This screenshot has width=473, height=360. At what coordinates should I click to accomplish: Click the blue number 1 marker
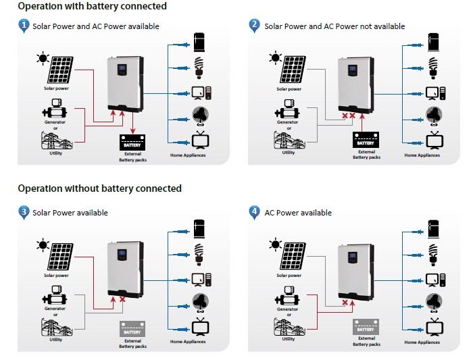(24, 25)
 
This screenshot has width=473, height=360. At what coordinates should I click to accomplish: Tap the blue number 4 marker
(254, 211)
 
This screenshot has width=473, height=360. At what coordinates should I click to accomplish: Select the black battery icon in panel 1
(132, 143)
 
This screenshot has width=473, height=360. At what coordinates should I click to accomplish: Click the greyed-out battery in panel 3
(132, 329)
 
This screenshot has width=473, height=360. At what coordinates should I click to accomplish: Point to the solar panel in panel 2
(293, 70)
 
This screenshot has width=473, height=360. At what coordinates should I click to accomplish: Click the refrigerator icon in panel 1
(199, 42)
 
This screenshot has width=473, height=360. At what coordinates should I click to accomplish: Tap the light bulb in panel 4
(433, 255)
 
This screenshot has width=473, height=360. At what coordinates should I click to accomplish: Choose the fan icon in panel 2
(434, 116)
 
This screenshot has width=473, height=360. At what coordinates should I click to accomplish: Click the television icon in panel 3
(200, 326)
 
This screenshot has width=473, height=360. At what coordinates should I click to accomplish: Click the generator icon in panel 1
(55, 109)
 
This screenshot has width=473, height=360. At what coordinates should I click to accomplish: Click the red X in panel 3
(122, 299)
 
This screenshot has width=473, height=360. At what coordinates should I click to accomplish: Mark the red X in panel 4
(345, 303)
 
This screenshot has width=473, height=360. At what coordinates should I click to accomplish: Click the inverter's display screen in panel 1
(122, 69)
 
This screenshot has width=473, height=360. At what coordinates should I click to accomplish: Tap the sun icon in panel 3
(43, 245)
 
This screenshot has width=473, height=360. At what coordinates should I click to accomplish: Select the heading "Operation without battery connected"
(99, 188)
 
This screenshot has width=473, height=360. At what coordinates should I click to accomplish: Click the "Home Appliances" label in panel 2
(422, 155)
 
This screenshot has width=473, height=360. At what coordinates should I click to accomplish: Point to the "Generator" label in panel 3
(55, 309)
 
